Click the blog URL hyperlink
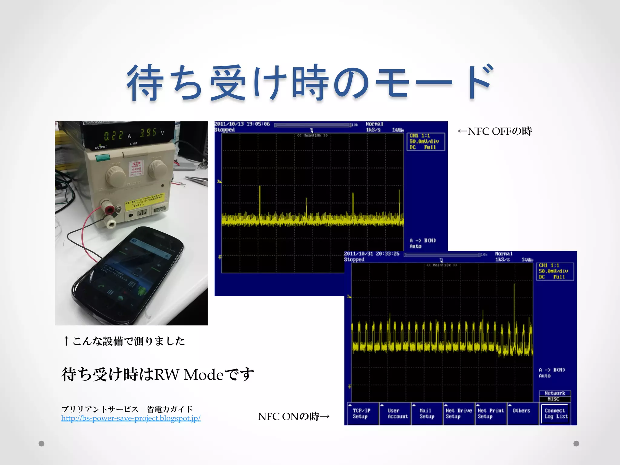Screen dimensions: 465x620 coord(131,418)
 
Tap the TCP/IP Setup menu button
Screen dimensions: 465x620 coord(361,414)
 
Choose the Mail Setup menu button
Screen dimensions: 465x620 coord(427,414)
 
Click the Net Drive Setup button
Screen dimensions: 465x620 coord(459,414)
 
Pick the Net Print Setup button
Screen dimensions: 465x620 coord(490,414)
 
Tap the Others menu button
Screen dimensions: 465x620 coord(521,411)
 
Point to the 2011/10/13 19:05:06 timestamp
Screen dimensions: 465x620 coord(242,124)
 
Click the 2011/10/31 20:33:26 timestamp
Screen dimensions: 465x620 coord(372,254)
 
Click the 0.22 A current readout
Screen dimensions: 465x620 coord(114,135)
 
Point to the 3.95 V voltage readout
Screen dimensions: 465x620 coord(148,133)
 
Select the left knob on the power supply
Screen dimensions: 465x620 coord(115,176)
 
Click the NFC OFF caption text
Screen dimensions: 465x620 coord(495,131)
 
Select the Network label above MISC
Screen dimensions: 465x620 coord(555,393)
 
